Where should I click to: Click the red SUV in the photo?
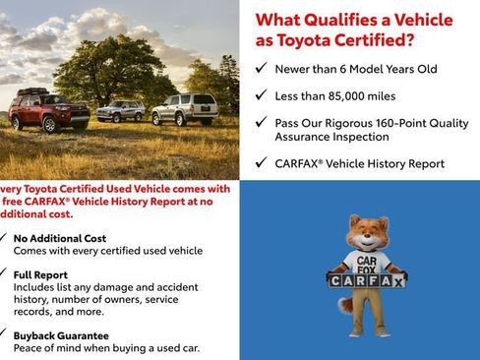pos(49,110)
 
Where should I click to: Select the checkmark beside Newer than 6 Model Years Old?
pos(260,68)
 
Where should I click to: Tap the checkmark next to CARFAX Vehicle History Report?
pos(260,164)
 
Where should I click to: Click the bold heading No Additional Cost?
pos(59,238)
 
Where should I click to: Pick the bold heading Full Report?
pos(40,274)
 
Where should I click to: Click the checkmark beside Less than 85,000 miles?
pos(260,95)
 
